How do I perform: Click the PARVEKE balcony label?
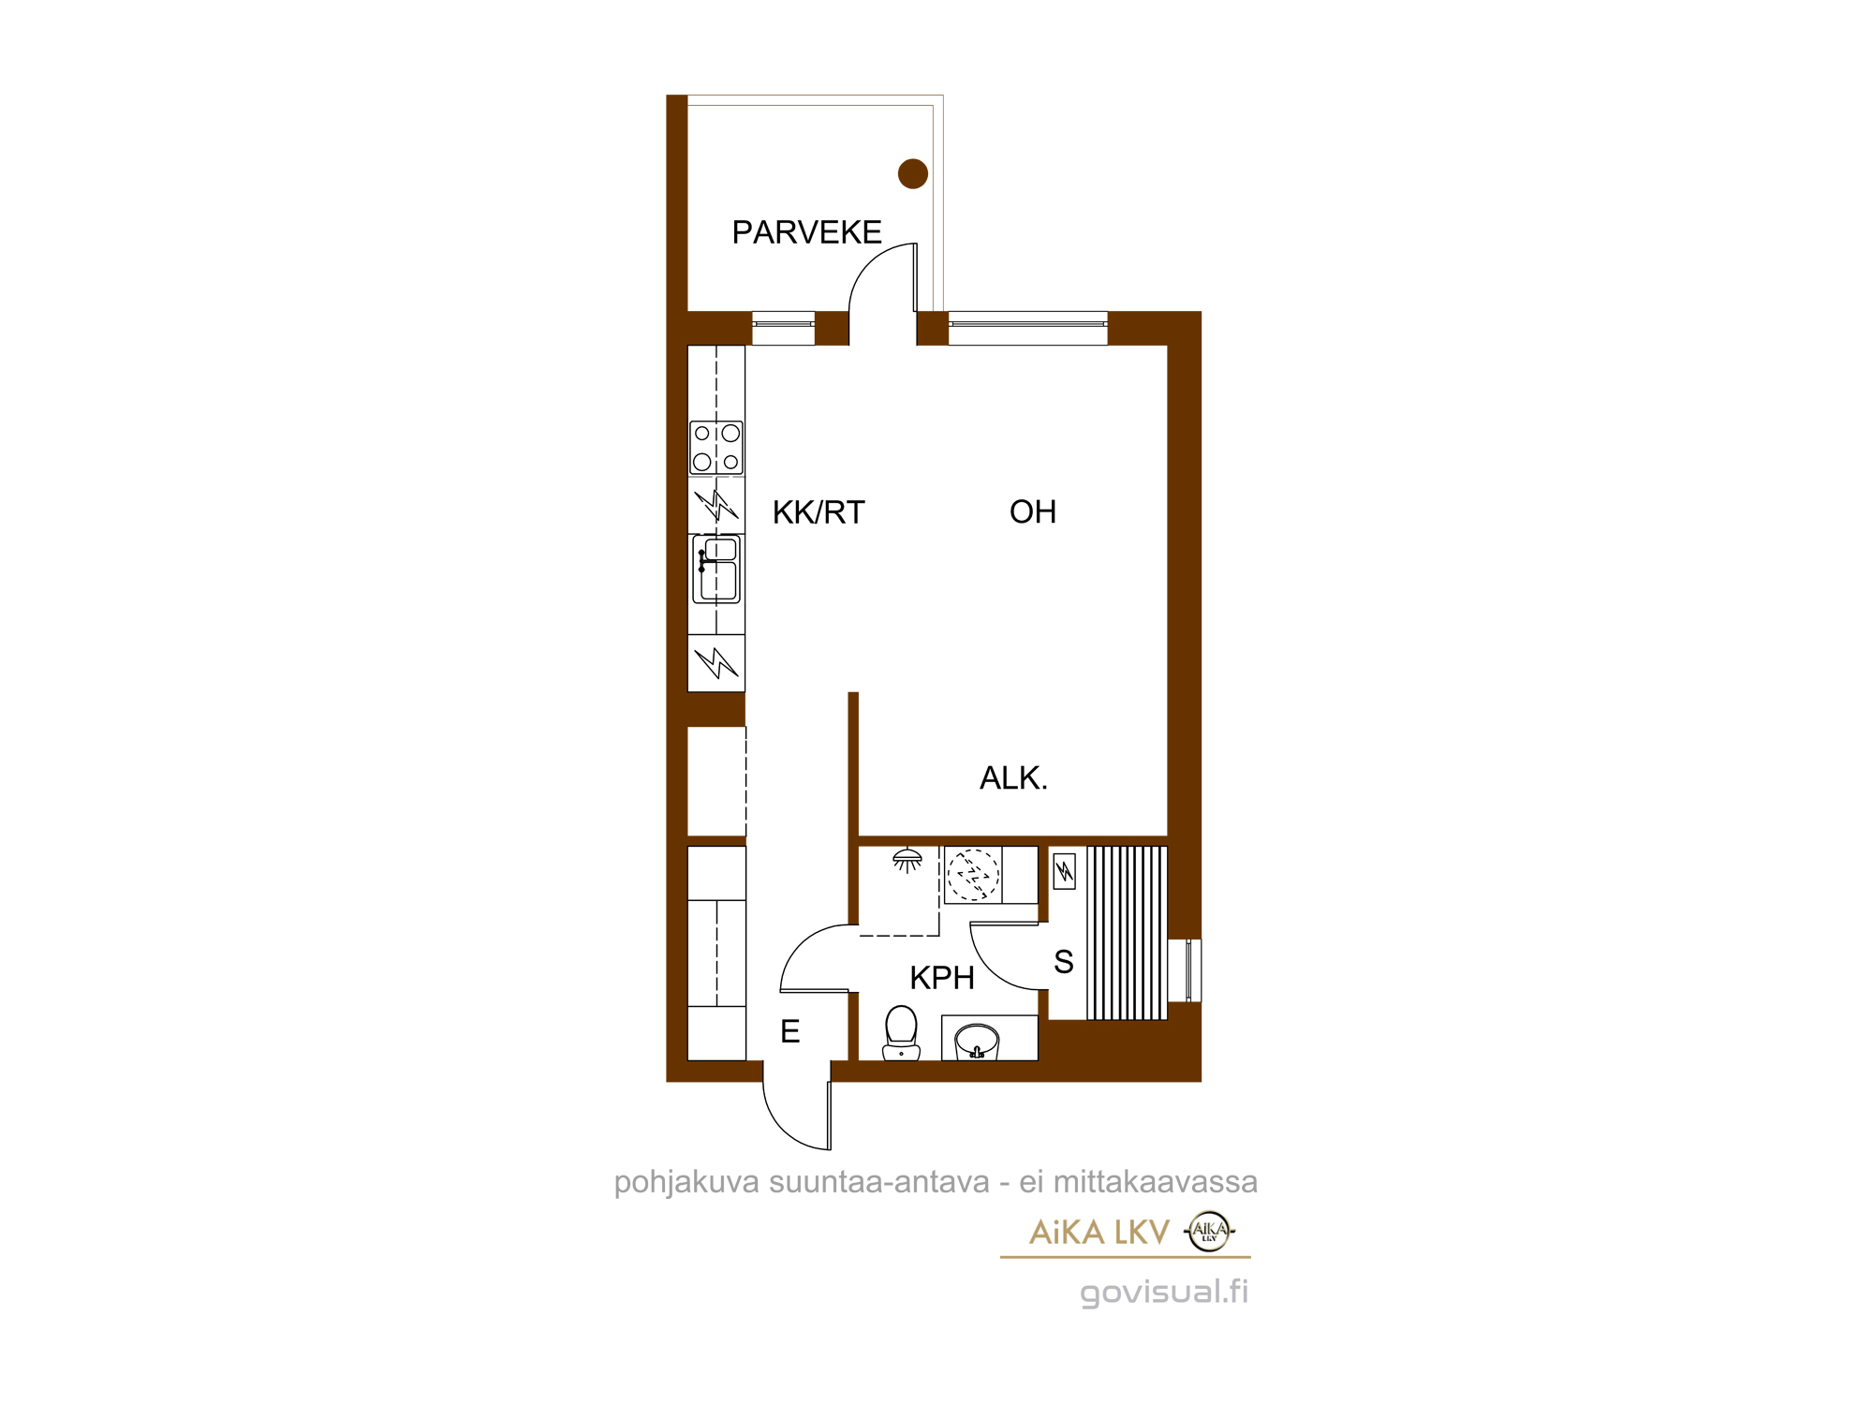coord(806,232)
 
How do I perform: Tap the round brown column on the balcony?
coord(912,173)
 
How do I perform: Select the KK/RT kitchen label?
coord(819,512)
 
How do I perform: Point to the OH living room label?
coord(1033,511)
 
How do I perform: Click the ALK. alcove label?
coord(1013,777)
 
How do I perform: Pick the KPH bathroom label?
coord(942,978)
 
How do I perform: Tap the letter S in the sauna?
coord(1064,962)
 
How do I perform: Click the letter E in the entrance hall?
coord(790,1031)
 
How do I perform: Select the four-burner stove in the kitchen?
coord(716,448)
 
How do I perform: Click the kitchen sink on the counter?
coord(716,569)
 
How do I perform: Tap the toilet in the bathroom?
coord(901,1032)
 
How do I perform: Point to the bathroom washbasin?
coord(977,1041)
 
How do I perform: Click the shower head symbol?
coord(907,859)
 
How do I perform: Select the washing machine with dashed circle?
coord(973,875)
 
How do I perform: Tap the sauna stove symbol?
coord(1065,871)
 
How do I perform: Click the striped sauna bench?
coord(1127,933)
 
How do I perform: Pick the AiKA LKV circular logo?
coord(1209,1231)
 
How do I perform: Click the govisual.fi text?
coord(1164,1292)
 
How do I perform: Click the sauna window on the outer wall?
coord(1185,970)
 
